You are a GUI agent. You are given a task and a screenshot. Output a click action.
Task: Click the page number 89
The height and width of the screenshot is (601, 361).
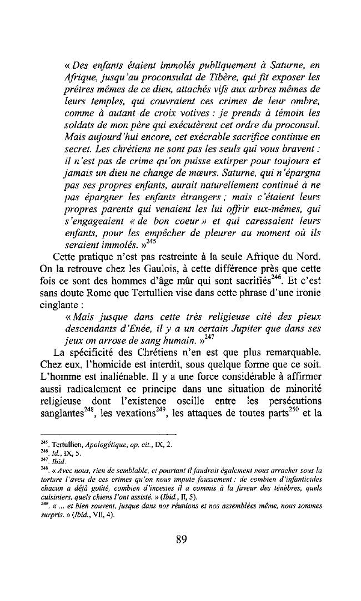(x=180, y=538)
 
